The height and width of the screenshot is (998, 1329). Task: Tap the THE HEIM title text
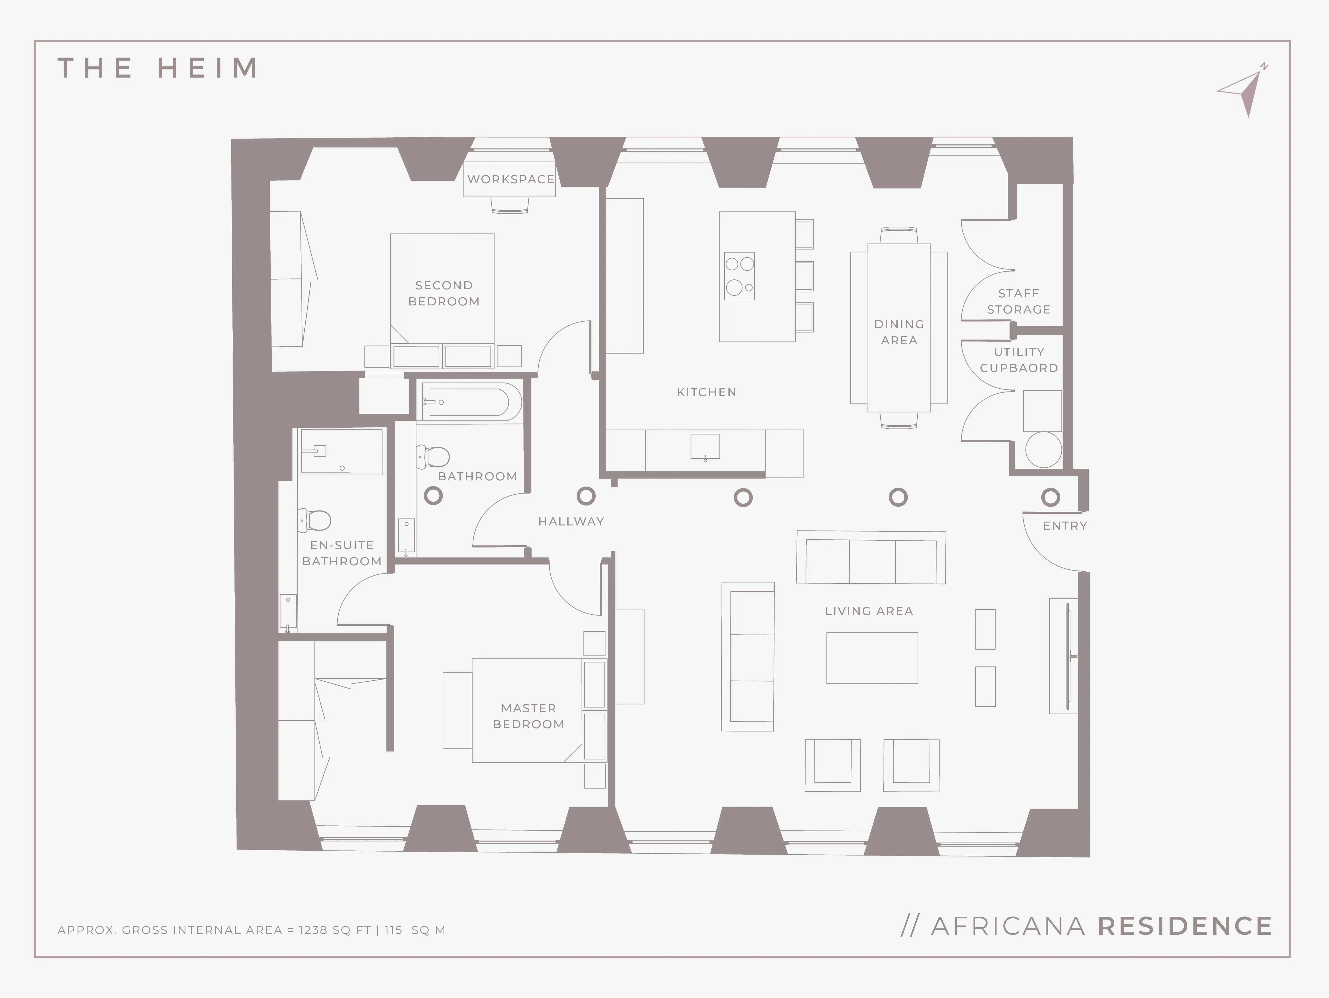point(158,68)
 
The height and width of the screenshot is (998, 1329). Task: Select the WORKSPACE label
point(511,179)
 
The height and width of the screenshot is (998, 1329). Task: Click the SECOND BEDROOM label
point(444,293)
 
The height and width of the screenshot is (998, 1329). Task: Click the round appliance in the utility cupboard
point(1044,450)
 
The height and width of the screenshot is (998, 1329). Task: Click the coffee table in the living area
point(872,658)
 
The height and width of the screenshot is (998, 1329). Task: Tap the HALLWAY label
point(571,522)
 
